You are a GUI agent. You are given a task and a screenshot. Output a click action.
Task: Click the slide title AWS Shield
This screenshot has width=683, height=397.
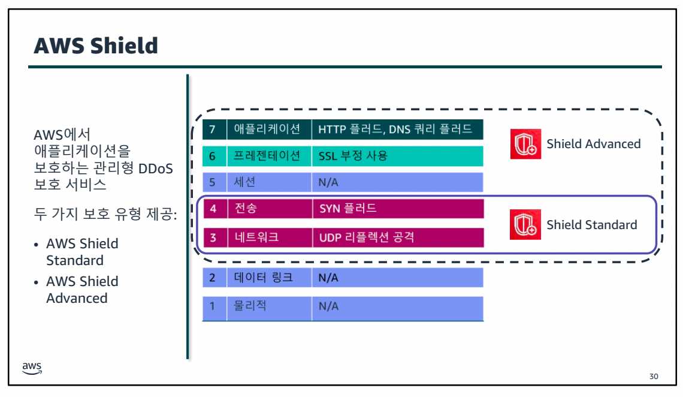(x=96, y=45)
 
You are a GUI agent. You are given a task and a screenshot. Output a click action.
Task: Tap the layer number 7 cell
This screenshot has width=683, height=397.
(x=214, y=129)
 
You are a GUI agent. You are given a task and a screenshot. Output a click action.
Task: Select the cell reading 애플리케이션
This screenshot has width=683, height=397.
(x=268, y=129)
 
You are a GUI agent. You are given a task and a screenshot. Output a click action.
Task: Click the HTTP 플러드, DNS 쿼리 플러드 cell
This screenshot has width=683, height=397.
(x=397, y=129)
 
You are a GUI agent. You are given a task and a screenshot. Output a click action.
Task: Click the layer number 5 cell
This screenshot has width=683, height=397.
(x=214, y=182)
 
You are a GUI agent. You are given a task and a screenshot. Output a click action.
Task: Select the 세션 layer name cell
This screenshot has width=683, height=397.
(x=268, y=182)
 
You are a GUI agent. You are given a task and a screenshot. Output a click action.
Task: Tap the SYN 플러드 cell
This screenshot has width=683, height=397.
(x=397, y=209)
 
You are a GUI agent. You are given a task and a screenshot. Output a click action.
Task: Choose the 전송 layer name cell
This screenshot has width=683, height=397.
(x=268, y=209)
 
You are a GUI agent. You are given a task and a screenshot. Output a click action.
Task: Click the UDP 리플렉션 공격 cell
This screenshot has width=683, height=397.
(x=397, y=237)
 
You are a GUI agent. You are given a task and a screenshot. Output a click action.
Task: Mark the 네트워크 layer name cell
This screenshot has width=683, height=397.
(x=268, y=237)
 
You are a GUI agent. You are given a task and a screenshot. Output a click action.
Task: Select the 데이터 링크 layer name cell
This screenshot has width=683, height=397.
(x=268, y=278)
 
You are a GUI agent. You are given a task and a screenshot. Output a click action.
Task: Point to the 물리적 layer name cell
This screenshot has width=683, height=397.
(x=268, y=306)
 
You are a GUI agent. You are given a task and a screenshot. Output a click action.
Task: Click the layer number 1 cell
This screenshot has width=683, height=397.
(x=214, y=306)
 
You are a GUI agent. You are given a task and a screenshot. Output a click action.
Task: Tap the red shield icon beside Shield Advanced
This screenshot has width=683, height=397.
(x=525, y=144)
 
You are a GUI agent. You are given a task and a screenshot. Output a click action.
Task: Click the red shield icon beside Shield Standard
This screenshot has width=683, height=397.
(x=525, y=225)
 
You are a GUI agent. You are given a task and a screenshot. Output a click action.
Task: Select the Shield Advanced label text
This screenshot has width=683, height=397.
(x=593, y=144)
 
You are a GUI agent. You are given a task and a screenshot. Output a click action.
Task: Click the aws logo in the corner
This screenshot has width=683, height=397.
(x=32, y=368)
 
